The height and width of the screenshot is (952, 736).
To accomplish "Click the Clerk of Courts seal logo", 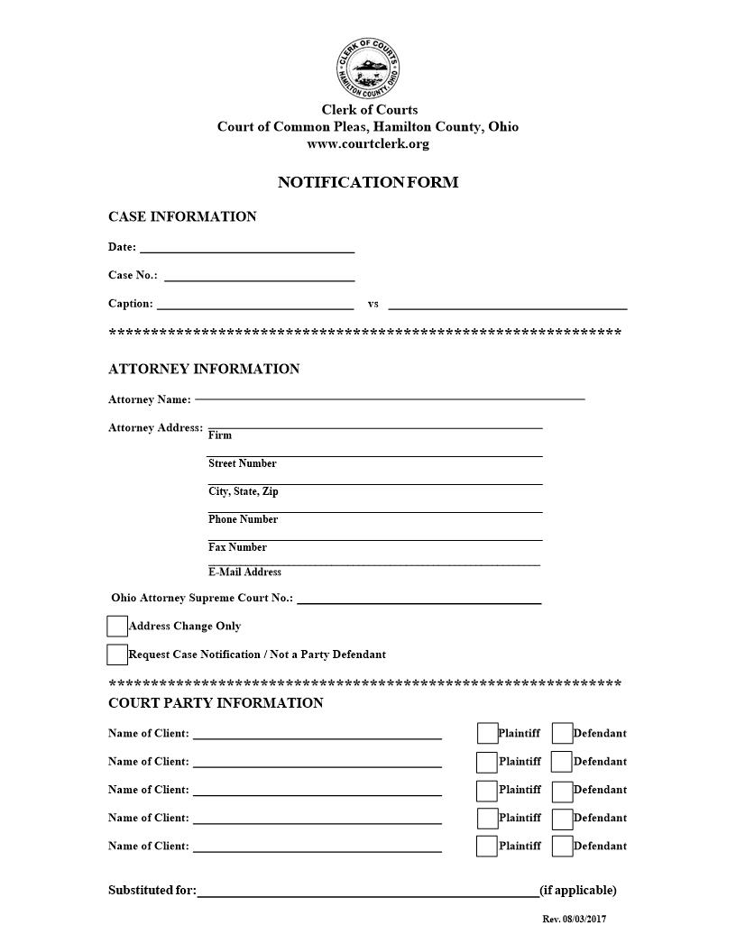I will tap(367, 69).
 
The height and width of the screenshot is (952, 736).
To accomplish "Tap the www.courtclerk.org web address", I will tap(368, 143).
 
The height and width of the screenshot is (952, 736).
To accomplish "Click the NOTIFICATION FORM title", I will tap(368, 182).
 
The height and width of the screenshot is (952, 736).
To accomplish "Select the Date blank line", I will tap(246, 250).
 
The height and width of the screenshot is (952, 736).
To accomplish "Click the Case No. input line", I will tap(259, 279).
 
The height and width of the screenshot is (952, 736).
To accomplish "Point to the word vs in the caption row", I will tap(373, 304).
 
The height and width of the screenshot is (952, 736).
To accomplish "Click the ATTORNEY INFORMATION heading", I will tap(204, 369).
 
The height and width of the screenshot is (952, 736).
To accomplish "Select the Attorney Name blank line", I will tap(390, 397).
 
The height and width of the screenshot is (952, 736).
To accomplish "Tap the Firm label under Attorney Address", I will tap(220, 435).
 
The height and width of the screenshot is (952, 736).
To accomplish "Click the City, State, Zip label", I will tap(244, 492).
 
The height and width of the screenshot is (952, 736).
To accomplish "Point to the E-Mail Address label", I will tap(244, 572).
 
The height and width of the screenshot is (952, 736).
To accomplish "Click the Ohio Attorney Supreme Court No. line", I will tap(419, 600).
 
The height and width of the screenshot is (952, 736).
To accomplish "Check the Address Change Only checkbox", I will tap(117, 627).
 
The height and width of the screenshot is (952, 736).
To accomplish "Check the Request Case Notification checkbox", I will tap(117, 654).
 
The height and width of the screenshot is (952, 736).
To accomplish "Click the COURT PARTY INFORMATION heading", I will tap(216, 703).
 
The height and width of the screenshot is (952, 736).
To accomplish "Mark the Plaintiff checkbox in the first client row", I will tap(487, 733).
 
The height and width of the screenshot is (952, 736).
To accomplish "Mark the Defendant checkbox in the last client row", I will tap(562, 847).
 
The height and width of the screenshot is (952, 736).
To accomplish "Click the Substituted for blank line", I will tap(368, 894).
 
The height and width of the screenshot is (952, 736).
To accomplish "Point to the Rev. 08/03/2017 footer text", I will tap(574, 920).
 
